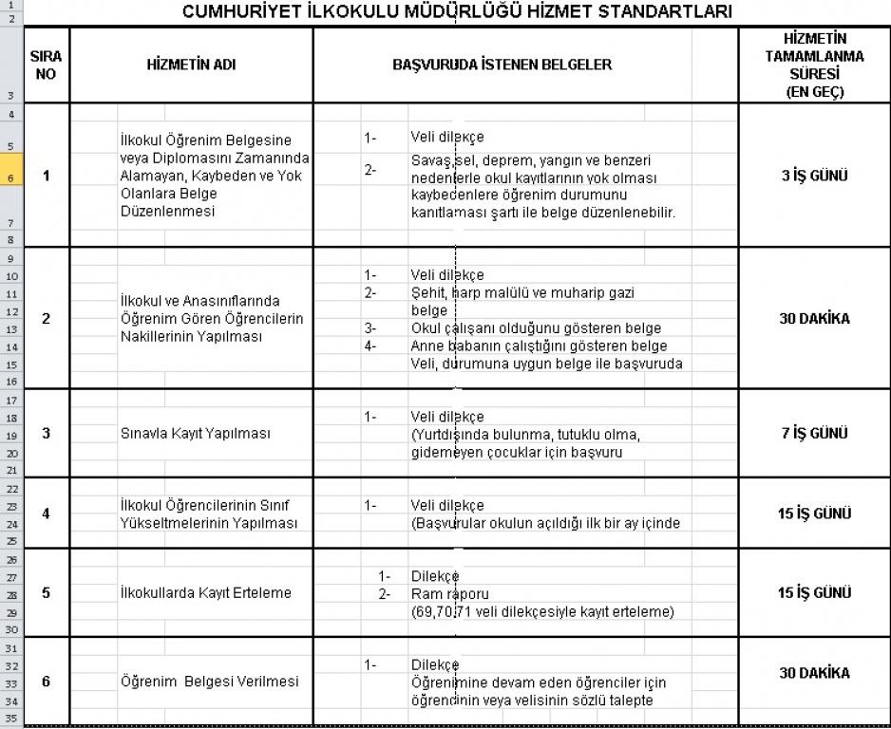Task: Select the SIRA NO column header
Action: (46, 65)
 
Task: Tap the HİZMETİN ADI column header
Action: (191, 65)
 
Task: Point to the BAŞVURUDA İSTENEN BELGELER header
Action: (502, 65)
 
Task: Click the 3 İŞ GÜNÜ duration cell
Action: (814, 176)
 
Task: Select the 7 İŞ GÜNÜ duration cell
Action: (814, 433)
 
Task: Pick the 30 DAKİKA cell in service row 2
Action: (814, 319)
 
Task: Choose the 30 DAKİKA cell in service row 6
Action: (814, 673)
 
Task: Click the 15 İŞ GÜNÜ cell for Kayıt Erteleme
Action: (814, 593)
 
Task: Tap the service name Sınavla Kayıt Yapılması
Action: (195, 434)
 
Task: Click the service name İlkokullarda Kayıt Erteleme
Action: (205, 593)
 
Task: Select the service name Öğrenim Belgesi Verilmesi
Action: (209, 682)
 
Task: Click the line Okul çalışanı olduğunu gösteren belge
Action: (536, 328)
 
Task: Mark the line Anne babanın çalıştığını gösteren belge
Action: (539, 346)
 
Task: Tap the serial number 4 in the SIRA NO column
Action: (46, 514)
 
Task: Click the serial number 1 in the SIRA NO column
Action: (46, 177)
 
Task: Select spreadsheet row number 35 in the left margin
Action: (10, 718)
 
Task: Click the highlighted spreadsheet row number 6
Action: (10, 177)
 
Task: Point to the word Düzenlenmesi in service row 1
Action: (161, 212)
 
